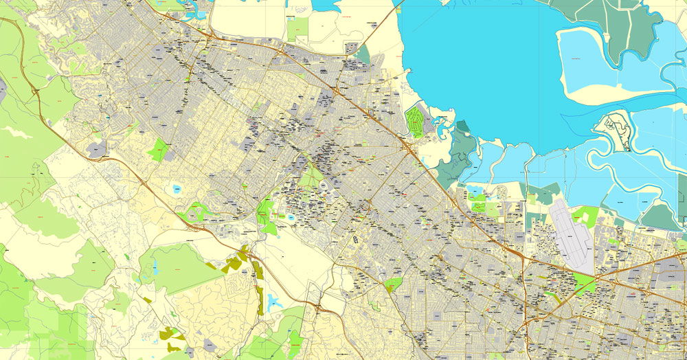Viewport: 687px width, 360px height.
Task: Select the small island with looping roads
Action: coord(611,131)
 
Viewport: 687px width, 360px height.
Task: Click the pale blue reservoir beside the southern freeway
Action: coord(274,301)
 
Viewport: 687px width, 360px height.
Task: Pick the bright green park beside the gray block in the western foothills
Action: coord(159,149)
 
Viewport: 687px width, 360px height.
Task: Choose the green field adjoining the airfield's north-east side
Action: coord(586,216)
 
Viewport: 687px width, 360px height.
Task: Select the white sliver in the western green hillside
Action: coord(17,133)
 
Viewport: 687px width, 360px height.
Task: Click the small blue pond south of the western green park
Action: coord(178,187)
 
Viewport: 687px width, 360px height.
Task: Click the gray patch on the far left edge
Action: coord(3,90)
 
